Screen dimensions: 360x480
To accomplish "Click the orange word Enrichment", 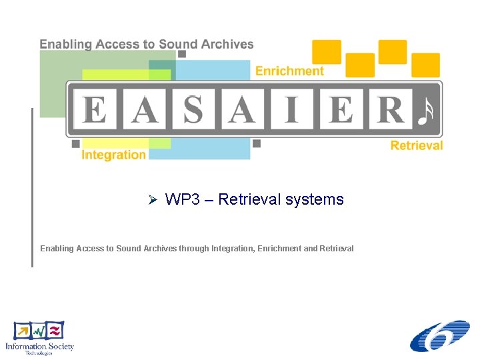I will [289, 71].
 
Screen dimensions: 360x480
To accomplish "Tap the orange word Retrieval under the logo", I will [416, 145].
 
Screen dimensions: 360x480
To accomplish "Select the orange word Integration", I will [113, 155].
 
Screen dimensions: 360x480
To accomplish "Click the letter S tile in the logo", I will [193, 109].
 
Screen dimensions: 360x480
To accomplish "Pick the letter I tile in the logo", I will [291, 109].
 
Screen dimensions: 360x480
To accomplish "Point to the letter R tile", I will [389, 109].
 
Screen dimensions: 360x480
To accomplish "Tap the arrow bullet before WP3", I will [151, 199].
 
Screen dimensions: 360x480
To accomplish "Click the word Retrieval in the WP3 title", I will [245, 199].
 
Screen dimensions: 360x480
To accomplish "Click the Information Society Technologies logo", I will [39, 337].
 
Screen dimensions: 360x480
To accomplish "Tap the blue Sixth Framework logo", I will [439, 336].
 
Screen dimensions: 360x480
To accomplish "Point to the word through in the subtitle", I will [193, 249].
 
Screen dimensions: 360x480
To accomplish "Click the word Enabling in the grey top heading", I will [65, 45].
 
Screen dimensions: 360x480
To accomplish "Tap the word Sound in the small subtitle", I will [129, 249].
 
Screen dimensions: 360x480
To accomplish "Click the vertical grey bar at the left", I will [31, 187].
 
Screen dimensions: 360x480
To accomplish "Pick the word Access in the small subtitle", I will [90, 249].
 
